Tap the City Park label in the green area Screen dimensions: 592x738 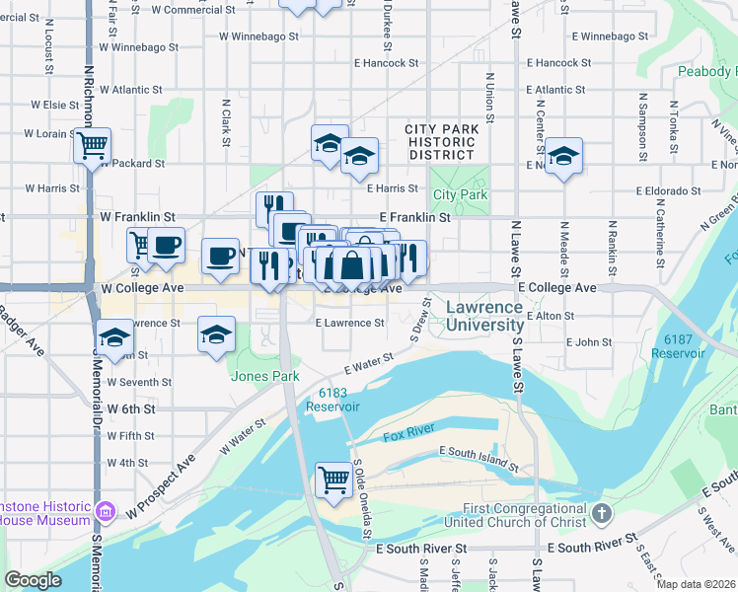click(x=460, y=195)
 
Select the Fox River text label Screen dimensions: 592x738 click(x=408, y=436)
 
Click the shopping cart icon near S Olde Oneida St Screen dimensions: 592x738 click(x=334, y=481)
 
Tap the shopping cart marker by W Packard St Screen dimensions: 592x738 click(x=93, y=147)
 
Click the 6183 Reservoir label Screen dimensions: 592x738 click(x=332, y=399)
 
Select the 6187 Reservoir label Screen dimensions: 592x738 click(x=671, y=345)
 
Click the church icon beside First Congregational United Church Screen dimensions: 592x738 click(x=603, y=513)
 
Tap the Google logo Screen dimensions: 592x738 click(x=33, y=580)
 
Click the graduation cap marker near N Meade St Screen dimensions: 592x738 click(x=564, y=156)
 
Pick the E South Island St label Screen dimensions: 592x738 click(x=479, y=455)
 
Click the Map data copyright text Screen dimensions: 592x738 click(x=697, y=583)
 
